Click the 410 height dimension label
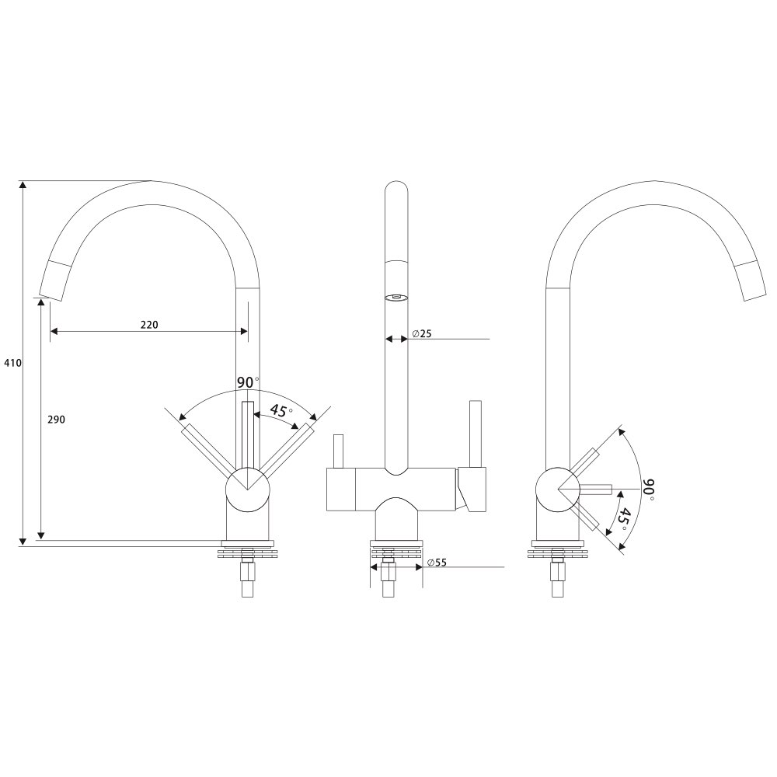point(13,363)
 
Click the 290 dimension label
point(56,420)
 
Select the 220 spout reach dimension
point(149,325)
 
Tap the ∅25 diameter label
point(421,333)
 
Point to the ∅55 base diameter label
point(437,563)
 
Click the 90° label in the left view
point(248,382)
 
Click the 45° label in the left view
point(280,411)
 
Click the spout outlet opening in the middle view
point(396,298)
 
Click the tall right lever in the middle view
point(476,434)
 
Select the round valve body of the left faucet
point(247,489)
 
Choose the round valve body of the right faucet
point(558,489)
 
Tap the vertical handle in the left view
point(247,434)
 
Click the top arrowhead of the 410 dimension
point(23,185)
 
